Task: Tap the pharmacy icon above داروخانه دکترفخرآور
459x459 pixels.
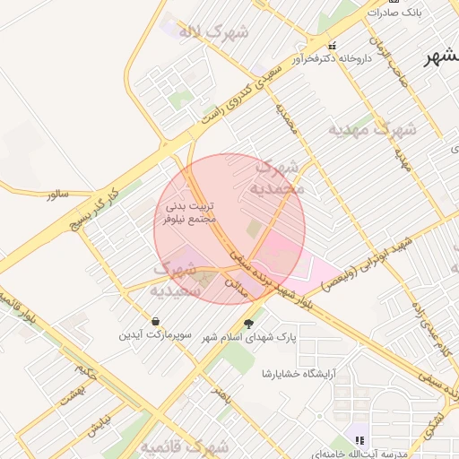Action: pos(333,46)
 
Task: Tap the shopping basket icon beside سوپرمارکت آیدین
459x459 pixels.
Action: pos(156,321)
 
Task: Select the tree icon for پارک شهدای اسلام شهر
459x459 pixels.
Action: pos(249,324)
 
